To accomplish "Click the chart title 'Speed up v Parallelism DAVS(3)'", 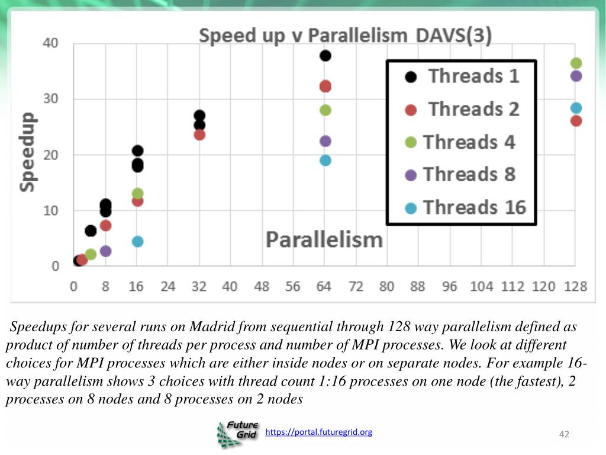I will [345, 36].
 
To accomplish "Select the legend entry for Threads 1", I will [462, 76].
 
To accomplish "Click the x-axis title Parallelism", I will [324, 240].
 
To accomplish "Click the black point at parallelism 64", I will [325, 56].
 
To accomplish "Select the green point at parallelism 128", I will [576, 63].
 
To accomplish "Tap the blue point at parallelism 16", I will [137, 241].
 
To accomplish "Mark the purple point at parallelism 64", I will [325, 141].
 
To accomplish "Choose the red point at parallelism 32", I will [199, 134].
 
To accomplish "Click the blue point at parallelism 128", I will [576, 108].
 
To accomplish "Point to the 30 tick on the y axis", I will [51, 98].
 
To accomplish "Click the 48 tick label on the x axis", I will [261, 287].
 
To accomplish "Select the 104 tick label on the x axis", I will [481, 287].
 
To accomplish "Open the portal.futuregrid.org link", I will [319, 432].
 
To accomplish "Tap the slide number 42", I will [564, 435].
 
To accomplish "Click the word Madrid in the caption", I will [211, 327].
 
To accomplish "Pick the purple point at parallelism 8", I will [106, 251].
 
